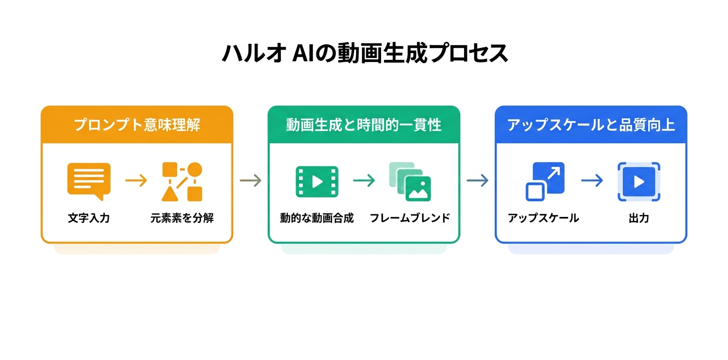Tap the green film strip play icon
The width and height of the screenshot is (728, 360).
(x=316, y=181)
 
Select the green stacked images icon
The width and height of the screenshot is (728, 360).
(x=410, y=181)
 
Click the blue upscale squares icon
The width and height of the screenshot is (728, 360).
(x=544, y=181)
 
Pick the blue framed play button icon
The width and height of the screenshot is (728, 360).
(x=638, y=181)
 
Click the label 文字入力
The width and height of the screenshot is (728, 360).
(x=88, y=218)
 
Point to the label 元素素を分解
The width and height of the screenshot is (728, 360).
(x=182, y=218)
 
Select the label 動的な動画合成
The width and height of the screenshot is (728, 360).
(x=316, y=218)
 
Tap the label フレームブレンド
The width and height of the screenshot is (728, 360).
(x=410, y=218)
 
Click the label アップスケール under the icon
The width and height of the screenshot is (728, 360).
(x=543, y=218)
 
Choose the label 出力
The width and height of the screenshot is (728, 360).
(x=638, y=218)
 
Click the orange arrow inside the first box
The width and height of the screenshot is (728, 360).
(x=135, y=181)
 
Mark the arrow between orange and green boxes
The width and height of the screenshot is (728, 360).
(x=250, y=180)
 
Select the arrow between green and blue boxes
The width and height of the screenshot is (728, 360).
(x=477, y=180)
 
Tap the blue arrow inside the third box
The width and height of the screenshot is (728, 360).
(x=591, y=181)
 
